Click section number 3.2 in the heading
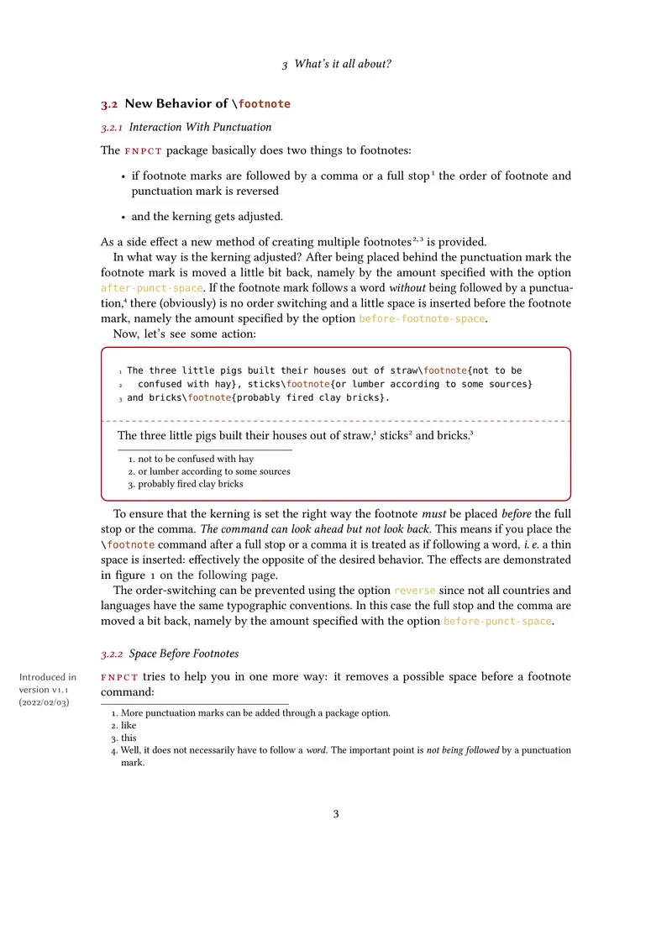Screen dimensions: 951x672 [109, 104]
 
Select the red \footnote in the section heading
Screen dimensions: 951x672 [261, 104]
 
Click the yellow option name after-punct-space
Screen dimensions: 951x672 [151, 288]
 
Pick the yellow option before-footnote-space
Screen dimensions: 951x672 [423, 318]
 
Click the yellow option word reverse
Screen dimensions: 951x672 [415, 591]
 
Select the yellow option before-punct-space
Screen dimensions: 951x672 [497, 621]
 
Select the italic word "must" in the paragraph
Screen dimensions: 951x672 [433, 514]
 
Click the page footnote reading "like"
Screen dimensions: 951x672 [128, 725]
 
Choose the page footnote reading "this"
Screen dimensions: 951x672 [129, 738]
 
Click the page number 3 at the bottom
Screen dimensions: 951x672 [336, 813]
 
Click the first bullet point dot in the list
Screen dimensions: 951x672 [123, 177]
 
